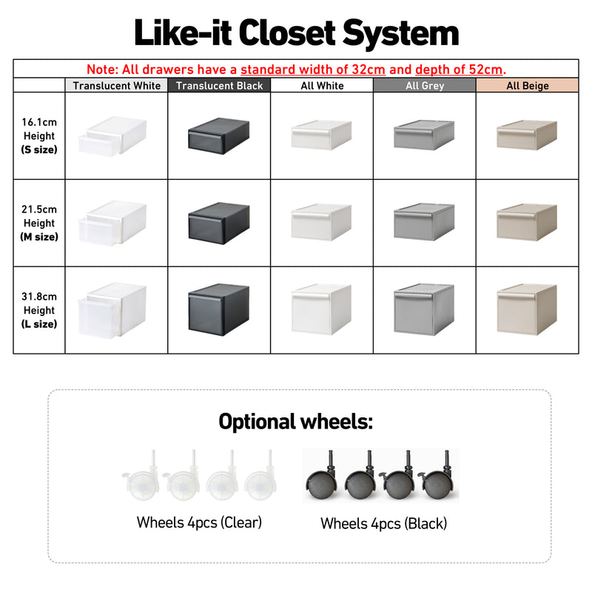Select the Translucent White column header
tap(116, 86)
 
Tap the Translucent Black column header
tap(219, 86)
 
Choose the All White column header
tap(322, 86)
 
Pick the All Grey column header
tap(424, 86)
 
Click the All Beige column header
tap(527, 86)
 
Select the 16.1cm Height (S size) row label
tap(39, 136)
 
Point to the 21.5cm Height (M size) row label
tap(39, 223)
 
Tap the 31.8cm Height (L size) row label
tap(39, 310)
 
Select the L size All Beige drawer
tap(526, 309)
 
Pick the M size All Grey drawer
tap(424, 222)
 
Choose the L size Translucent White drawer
tap(112, 309)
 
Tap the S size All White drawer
tap(322, 136)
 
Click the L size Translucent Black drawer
tap(220, 309)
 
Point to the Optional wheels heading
tap(296, 422)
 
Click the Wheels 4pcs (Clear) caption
tap(199, 522)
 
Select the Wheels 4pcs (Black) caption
tap(383, 524)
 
